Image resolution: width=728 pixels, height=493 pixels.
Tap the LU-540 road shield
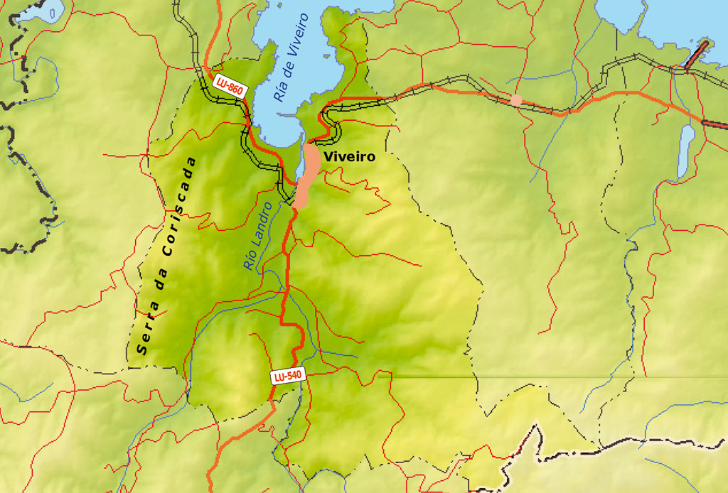(288, 377)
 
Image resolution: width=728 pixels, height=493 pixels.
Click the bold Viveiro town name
(348, 156)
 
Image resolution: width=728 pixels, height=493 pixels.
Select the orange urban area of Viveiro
(307, 174)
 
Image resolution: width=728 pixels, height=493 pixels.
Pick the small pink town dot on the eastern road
(516, 100)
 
